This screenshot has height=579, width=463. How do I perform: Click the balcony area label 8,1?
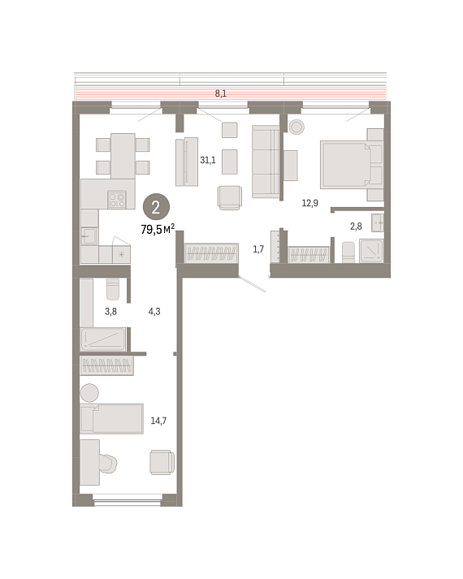220,93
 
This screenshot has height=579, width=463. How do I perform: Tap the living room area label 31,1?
208,160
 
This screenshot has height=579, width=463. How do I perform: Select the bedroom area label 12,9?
309,203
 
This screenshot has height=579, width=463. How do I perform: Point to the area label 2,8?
356,226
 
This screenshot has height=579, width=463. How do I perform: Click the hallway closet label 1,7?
258,249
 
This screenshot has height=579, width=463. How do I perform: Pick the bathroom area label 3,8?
110,311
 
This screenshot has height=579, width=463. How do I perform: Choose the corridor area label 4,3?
154,311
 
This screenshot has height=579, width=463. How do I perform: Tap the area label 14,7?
158,421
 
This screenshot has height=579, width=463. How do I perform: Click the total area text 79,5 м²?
158,229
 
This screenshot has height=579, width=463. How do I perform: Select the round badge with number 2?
156,208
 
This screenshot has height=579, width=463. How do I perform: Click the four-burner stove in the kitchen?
117,200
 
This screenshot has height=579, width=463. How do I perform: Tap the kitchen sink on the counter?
89,236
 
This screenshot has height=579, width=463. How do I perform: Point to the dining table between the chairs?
123,156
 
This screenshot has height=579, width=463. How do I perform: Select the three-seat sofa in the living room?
266,162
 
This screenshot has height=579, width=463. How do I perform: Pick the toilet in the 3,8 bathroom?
113,289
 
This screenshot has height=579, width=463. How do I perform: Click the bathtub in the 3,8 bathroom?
103,339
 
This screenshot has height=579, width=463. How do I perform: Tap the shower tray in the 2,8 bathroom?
371,251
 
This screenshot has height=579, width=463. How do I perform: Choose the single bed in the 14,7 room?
112,418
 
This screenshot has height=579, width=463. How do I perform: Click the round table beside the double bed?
296,127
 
